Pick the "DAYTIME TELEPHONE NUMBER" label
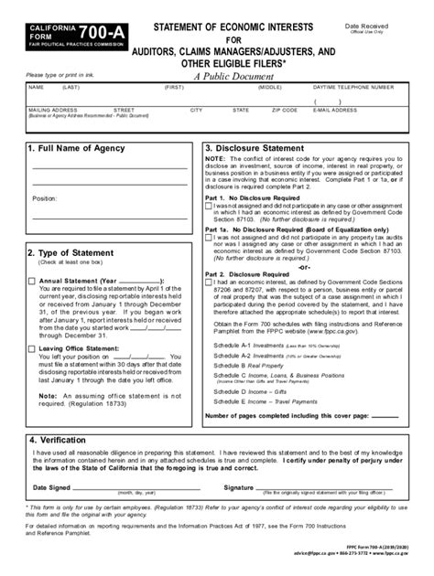click(x=354, y=88)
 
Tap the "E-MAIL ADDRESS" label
click(x=334, y=110)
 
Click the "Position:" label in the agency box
click(x=46, y=197)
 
